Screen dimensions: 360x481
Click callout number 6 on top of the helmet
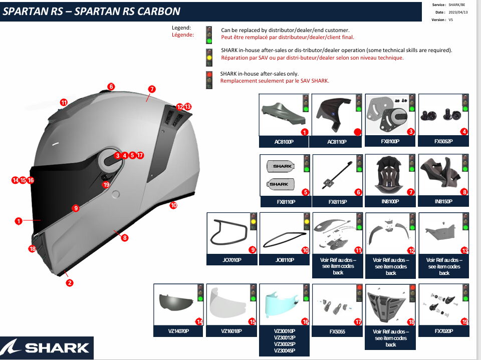[x=111, y=87]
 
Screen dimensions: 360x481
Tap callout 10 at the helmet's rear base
[x=173, y=205]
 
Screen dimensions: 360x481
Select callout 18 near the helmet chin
[x=33, y=249]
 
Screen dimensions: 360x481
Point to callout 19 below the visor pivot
[x=106, y=185]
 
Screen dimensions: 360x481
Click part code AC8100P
[x=283, y=142]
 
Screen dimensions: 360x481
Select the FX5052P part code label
[x=443, y=142]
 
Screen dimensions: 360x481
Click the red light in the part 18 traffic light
[x=412, y=287]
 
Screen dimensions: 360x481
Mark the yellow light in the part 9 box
[x=254, y=221]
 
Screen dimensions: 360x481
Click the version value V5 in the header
[x=450, y=20]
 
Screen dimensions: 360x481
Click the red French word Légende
[x=182, y=35]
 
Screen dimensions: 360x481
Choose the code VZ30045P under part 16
[x=284, y=351]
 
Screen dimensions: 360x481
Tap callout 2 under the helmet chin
[x=70, y=283]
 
